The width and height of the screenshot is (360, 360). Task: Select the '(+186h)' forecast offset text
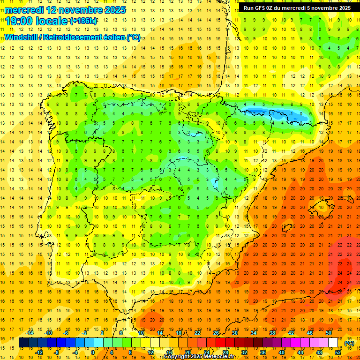[83, 21]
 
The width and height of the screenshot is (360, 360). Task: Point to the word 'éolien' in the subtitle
[112, 37]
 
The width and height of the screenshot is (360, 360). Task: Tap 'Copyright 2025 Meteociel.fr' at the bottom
[199, 357]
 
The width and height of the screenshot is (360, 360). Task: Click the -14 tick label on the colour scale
[30, 332]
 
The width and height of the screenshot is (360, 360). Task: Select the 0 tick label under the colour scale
[92, 352]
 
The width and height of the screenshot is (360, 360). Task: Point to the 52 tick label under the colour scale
[338, 352]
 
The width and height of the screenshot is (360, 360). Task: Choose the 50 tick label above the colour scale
[329, 332]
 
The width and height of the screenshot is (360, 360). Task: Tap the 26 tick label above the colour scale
[216, 332]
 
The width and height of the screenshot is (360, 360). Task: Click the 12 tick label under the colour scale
[150, 352]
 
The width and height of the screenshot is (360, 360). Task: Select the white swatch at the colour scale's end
[333, 343]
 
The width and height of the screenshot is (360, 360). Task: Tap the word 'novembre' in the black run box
[318, 8]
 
